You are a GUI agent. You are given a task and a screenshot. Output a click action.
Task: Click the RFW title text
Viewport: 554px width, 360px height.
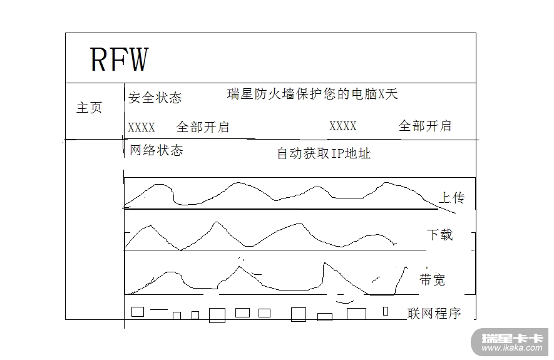coord(119,59)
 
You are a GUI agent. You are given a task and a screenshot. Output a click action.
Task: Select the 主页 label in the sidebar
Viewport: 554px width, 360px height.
coord(89,108)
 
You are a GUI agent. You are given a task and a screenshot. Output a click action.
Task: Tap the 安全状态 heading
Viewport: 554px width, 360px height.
coord(155,98)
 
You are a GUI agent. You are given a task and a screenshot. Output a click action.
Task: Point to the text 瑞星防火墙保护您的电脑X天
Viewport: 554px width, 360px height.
coord(312,95)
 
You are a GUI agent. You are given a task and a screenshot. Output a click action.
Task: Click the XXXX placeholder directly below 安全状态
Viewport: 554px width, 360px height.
coord(141,128)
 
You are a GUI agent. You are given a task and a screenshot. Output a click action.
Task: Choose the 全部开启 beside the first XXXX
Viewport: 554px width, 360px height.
coord(203,127)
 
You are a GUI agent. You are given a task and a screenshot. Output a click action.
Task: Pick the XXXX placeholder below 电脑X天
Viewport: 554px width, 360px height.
coord(343,126)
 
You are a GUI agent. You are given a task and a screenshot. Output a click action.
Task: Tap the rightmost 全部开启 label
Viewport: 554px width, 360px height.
coord(425,126)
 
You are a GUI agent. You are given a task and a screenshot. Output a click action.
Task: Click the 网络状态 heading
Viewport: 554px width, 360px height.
coord(156,151)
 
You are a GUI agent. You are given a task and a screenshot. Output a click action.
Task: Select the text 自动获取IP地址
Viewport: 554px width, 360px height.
coord(324,153)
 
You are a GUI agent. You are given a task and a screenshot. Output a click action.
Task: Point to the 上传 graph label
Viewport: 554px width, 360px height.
coord(451,198)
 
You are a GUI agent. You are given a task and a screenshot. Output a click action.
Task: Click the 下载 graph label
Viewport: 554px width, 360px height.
coord(439,235)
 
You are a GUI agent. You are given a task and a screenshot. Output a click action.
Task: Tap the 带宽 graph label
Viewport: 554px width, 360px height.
coord(432,280)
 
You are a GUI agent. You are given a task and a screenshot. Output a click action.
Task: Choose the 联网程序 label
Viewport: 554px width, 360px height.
coord(434,314)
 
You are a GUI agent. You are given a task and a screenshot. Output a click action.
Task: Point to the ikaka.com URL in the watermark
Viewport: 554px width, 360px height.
coord(511,348)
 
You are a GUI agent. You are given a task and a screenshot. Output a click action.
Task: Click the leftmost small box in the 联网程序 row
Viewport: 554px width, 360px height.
coord(138,311)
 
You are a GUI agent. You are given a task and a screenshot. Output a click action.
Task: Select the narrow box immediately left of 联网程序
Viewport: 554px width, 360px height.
coord(386,311)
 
